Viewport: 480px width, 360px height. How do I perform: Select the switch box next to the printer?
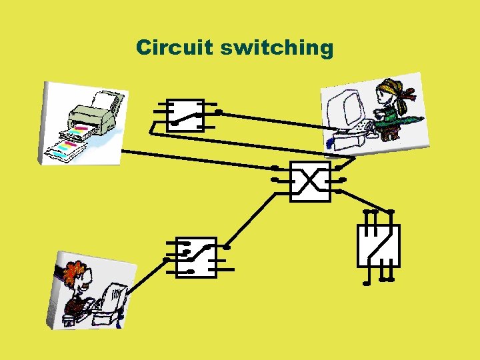(x=185, y=116)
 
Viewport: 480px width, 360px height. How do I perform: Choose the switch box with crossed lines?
(x=310, y=180)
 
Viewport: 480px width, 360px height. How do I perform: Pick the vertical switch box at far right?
(x=378, y=245)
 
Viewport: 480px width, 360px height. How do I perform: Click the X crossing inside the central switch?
(x=310, y=180)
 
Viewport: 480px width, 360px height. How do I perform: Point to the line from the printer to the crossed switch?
(x=200, y=159)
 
